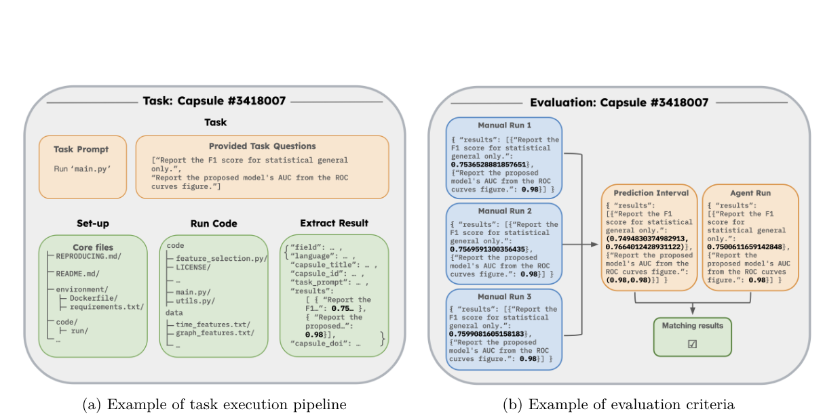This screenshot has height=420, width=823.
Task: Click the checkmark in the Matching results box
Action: click(692, 344)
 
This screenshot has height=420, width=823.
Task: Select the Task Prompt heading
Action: click(81, 149)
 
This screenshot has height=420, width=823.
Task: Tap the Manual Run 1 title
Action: click(505, 125)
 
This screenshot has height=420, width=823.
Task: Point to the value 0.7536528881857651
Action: click(489, 165)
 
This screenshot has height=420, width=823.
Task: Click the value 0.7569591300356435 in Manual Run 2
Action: click(488, 249)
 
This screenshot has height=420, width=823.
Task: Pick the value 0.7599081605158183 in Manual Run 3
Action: click(486, 334)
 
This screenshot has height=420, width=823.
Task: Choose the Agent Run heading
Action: click(750, 193)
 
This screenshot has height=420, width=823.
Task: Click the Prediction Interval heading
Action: click(651, 193)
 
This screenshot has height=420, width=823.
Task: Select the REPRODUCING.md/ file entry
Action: click(89, 256)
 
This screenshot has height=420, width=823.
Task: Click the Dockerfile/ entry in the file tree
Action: click(94, 298)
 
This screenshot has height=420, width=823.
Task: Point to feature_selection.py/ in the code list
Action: click(222, 259)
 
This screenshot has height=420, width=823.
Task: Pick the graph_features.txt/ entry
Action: click(215, 333)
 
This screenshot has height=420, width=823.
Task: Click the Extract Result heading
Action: click(334, 223)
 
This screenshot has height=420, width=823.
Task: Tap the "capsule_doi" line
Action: click(325, 343)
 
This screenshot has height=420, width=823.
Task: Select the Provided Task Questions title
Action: click(263, 146)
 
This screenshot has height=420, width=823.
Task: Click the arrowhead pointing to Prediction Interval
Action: click(594, 245)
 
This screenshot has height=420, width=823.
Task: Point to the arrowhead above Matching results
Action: click(693, 310)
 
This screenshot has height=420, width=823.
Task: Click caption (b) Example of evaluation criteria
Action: click(619, 404)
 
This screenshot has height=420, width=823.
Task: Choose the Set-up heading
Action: click(92, 224)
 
